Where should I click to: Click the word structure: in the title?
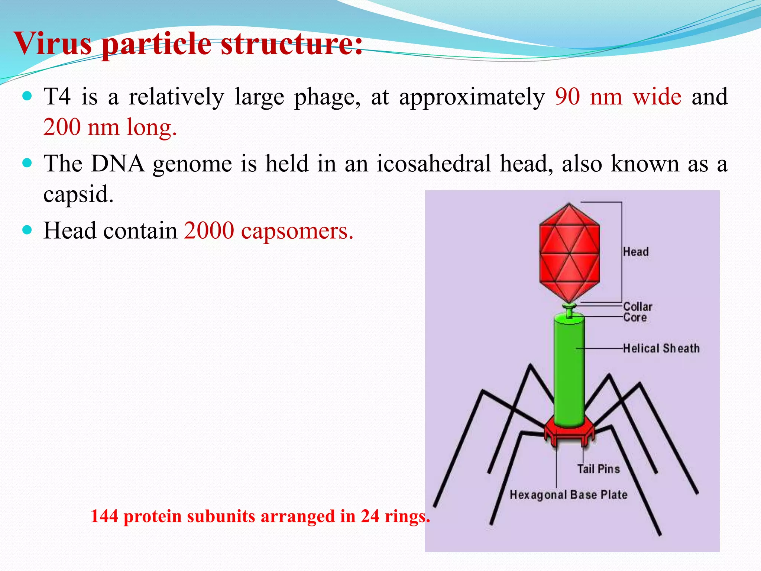click(x=292, y=44)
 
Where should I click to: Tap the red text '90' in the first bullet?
click(x=567, y=97)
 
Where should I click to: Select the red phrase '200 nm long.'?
click(x=110, y=127)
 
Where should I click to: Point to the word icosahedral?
click(x=434, y=164)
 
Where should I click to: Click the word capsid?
click(x=78, y=194)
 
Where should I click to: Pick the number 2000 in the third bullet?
click(x=209, y=230)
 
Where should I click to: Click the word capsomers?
click(x=297, y=231)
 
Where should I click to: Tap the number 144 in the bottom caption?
click(x=104, y=516)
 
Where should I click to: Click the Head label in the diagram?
click(x=636, y=252)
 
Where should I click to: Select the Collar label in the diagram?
click(x=638, y=307)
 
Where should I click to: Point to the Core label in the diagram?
click(x=635, y=317)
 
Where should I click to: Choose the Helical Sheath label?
click(x=661, y=348)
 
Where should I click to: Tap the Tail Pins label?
click(x=598, y=469)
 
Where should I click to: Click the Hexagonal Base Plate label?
click(x=568, y=495)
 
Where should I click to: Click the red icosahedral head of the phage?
click(x=569, y=253)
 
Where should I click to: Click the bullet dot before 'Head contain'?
click(x=27, y=230)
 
